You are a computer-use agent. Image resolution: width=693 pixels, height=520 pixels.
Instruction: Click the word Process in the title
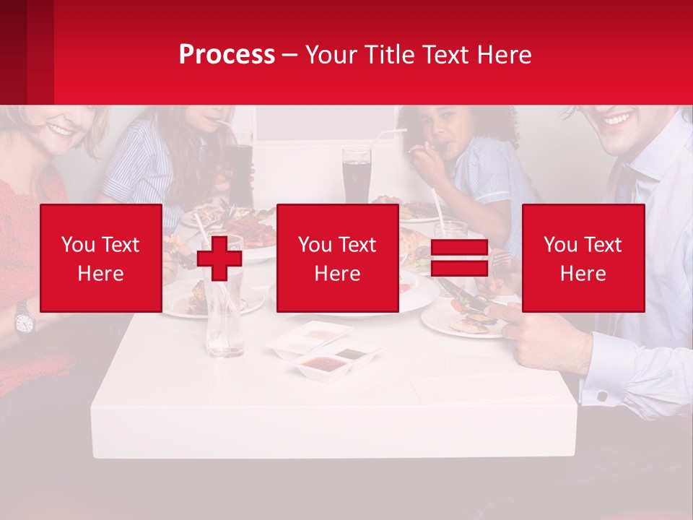point(227,55)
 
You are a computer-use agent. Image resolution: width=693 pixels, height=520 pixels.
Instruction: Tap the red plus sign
point(219,258)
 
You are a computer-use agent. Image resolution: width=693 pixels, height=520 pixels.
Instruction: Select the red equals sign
point(459,259)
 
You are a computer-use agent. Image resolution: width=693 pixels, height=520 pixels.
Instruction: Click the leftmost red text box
point(101,259)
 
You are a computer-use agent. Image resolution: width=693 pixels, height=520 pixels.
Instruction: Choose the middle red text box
point(337,259)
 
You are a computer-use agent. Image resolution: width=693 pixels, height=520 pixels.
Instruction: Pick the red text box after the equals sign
point(583,259)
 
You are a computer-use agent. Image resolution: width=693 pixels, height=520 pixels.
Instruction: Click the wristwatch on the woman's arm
point(24,318)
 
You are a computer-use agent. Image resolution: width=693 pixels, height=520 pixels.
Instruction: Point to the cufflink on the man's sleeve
point(603,396)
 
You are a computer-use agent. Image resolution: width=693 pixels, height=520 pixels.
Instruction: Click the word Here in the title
point(504,55)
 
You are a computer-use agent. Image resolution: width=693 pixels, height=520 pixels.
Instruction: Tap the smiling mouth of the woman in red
point(61,131)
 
